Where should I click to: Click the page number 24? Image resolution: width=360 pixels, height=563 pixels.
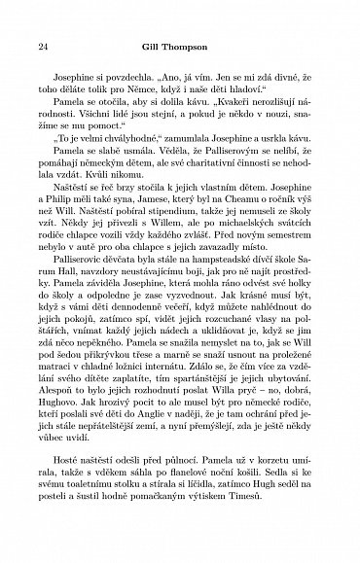click(40, 47)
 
